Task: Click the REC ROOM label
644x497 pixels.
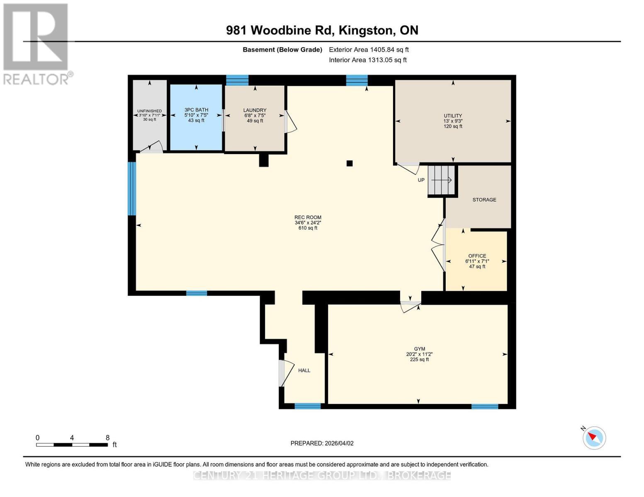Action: coord(308,217)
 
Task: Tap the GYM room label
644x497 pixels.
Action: coord(419,349)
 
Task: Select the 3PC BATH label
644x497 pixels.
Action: coord(196,110)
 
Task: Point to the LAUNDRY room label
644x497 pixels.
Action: coord(255,110)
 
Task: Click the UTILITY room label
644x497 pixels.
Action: coord(452,116)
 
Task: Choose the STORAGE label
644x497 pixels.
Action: coord(484,200)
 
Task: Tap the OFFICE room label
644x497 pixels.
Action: coord(477,256)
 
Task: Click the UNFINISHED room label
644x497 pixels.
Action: coord(149,111)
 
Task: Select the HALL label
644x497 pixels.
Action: coord(304,370)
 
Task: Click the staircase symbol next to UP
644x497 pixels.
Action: coord(442,180)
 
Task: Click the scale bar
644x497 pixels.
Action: coord(72,445)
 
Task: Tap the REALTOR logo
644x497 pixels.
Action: coord(36,43)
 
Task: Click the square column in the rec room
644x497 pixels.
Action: coord(349,164)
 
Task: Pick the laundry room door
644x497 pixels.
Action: coord(290,122)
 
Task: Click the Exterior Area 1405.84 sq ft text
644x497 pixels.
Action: coord(369,50)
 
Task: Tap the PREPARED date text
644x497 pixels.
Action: coord(322,443)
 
